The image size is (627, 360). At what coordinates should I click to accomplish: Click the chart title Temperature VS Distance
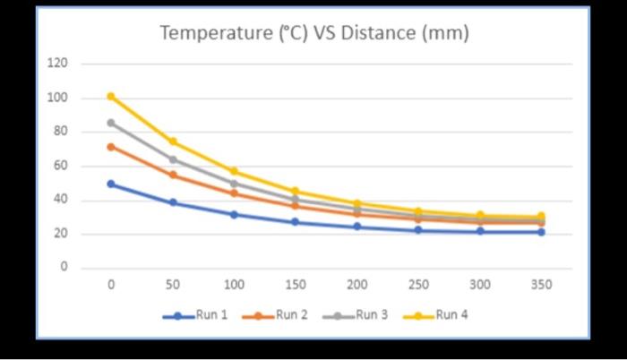point(313,34)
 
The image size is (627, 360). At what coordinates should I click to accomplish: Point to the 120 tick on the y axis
point(58,64)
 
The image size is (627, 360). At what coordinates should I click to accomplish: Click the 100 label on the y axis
point(58,98)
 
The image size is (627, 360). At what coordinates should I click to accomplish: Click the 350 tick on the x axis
point(541,285)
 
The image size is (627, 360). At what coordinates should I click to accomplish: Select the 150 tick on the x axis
point(296,285)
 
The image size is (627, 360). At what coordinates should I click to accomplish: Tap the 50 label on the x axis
point(173,285)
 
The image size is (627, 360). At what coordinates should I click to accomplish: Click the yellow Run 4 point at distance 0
point(111,96)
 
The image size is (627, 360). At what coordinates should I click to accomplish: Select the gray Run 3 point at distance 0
point(111,123)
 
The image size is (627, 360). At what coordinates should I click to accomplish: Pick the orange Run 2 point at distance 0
point(111,147)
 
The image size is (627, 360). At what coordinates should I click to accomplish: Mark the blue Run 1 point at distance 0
point(111,184)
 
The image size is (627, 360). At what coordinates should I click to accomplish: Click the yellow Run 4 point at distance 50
point(173,141)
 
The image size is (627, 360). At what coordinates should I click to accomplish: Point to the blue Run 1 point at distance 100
point(234,215)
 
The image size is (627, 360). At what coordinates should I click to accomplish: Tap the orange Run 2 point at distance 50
point(173,175)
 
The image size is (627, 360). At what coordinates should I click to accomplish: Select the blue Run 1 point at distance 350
point(541,232)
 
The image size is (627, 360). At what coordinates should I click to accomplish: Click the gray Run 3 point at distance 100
point(234,184)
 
